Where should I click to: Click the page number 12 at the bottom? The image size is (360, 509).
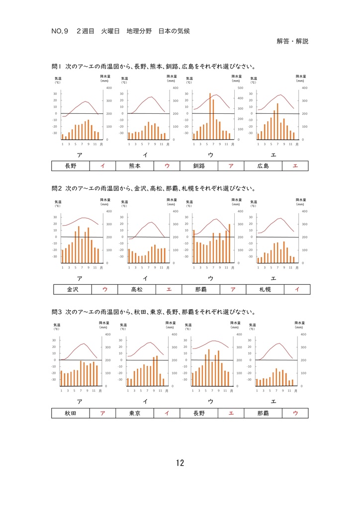click(x=180, y=463)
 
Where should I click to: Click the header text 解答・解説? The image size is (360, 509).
click(x=292, y=41)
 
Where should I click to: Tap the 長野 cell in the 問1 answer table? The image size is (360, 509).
click(x=71, y=166)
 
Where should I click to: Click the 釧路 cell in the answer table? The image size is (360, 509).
click(x=199, y=166)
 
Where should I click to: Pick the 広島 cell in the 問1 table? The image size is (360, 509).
click(x=263, y=166)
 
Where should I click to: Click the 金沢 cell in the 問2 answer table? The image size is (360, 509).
click(x=73, y=289)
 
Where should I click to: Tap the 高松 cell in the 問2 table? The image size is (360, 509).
click(x=137, y=289)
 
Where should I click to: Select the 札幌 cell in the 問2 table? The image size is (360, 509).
click(x=266, y=289)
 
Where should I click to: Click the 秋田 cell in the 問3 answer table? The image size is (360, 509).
click(x=71, y=413)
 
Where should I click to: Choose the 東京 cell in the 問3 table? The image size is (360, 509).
click(x=134, y=413)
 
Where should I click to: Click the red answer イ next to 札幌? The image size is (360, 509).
click(x=297, y=289)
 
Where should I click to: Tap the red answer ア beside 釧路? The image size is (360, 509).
click(x=231, y=166)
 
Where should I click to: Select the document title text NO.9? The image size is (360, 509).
click(x=59, y=31)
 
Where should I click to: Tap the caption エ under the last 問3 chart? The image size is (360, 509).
click(x=273, y=401)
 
